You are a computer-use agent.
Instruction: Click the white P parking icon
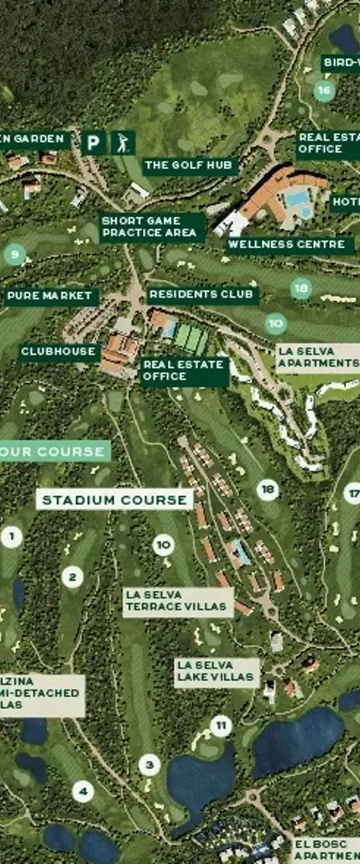pos(94,143)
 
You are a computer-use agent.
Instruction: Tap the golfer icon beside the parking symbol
pos(122,143)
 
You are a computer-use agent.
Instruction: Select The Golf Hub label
pos(190,166)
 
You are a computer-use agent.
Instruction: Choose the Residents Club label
pos(202,294)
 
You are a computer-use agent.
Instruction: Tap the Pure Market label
pos(50,297)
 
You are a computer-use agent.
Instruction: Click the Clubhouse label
pos(58,351)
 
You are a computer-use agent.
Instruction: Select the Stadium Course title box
pos(114,500)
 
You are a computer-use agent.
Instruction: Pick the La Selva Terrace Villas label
pos(178,602)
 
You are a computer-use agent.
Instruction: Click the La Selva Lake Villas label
pos(217,673)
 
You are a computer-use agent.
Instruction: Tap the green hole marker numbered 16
pos(323,90)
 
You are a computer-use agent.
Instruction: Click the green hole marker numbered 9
pos(14,255)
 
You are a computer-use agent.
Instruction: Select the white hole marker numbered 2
pos(72,577)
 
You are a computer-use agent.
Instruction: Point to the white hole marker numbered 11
pos(221,726)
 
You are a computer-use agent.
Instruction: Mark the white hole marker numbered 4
pos(82,792)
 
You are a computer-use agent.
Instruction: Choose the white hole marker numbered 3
pos(149,765)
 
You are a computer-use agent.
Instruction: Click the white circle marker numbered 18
pos(267,490)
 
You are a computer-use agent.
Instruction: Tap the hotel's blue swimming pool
pos(298,198)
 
